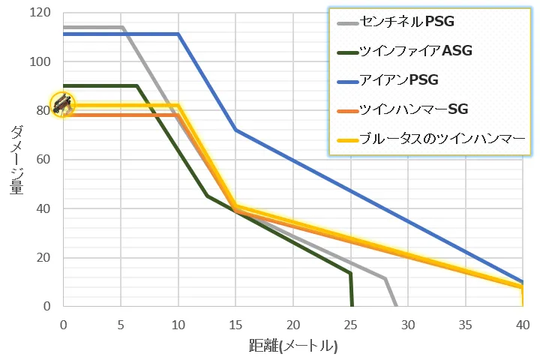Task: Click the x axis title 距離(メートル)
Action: point(293,346)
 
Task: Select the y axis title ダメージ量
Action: point(16,160)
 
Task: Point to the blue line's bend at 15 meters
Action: point(235,130)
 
